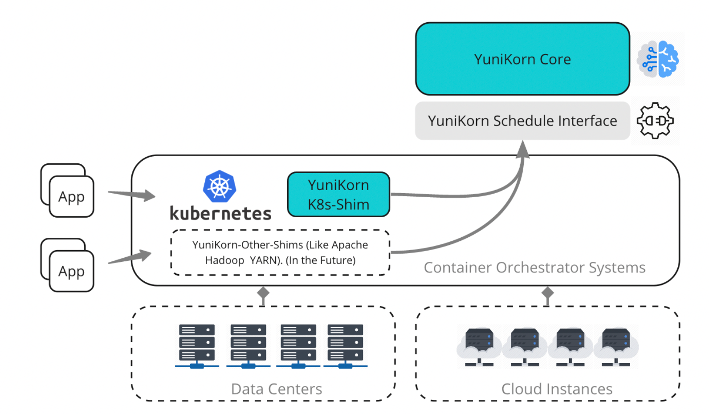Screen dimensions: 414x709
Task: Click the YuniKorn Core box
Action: (522, 59)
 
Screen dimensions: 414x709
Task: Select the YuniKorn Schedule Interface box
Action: (522, 121)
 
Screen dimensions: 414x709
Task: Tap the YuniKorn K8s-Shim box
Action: (338, 195)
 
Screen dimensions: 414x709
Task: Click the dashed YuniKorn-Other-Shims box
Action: (280, 252)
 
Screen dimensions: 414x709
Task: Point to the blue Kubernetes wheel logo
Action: (220, 186)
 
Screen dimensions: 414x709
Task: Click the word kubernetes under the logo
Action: (220, 214)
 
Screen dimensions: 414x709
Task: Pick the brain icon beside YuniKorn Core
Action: (658, 59)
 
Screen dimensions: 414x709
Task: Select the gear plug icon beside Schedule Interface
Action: (655, 121)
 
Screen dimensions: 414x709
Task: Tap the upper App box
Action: (71, 196)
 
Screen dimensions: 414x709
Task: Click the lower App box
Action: (71, 271)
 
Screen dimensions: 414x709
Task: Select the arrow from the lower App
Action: (130, 257)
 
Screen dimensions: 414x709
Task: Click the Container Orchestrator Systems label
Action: (534, 268)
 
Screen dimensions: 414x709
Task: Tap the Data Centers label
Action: (277, 389)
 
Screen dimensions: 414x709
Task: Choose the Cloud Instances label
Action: (557, 389)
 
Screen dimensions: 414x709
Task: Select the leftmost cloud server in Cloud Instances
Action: (479, 346)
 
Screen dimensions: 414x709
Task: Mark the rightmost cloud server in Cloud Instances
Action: (616, 346)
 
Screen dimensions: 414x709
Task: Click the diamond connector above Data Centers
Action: (263, 293)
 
